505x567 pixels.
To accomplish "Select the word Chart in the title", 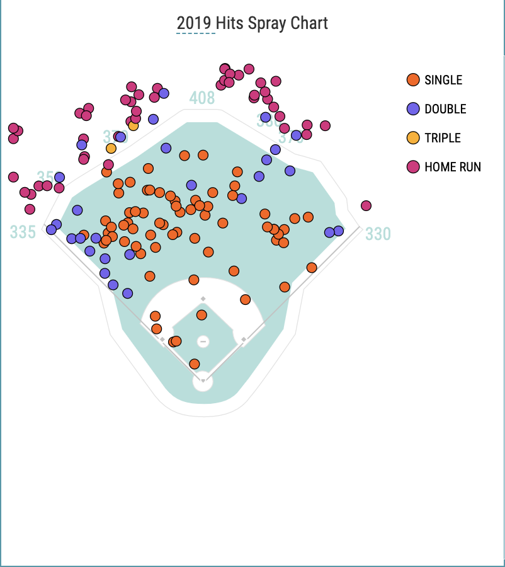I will [309, 24].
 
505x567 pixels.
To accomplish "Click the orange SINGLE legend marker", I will [413, 80].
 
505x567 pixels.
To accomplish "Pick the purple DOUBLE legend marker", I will [413, 109].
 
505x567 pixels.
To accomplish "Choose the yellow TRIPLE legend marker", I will [413, 138].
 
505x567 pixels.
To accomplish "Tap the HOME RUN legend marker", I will [413, 167].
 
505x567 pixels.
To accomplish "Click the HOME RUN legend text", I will [453, 167].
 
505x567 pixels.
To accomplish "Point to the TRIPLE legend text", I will [443, 138].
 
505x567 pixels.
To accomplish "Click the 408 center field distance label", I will [202, 98].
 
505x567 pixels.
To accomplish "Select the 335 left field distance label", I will [23, 232].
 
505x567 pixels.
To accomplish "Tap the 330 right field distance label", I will [378, 234].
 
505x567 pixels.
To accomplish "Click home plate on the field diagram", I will [203, 380].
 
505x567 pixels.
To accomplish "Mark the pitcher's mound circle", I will [203, 341].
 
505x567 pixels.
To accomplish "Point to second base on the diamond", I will [203, 299].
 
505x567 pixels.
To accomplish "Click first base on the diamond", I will [244, 340].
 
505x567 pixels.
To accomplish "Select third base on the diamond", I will [162, 340].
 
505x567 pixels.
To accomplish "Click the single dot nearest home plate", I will [195, 364].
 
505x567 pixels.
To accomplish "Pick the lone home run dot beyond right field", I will [366, 206].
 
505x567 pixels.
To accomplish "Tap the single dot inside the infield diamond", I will [201, 315].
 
